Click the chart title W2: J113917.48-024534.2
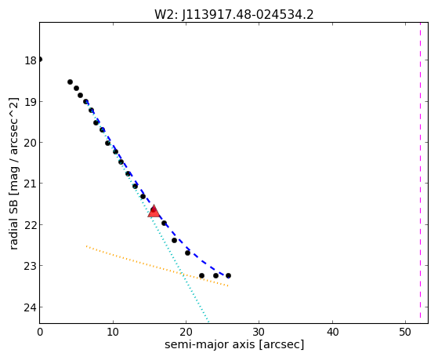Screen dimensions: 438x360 pyautogui.click(x=234, y=14)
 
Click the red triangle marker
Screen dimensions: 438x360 pyautogui.click(x=154, y=211)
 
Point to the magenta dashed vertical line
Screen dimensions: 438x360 pyautogui.click(x=420, y=170)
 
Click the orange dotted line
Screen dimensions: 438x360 pyautogui.click(x=157, y=266)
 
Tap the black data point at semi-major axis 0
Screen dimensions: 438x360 pyautogui.click(x=40, y=60)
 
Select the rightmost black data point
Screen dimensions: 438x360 pyautogui.click(x=228, y=275)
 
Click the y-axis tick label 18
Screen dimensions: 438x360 pyautogui.click(x=31, y=60)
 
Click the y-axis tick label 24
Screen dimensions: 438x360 pyautogui.click(x=31, y=307)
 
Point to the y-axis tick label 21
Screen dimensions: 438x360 pyautogui.click(x=31, y=184)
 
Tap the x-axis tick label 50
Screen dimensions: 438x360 pyautogui.click(x=405, y=332)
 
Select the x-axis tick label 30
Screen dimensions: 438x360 pyautogui.click(x=259, y=332)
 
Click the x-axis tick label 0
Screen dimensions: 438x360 pyautogui.click(x=40, y=332)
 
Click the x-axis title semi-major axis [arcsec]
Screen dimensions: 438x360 pyautogui.click(x=234, y=344)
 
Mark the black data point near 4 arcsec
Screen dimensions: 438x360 pyautogui.click(x=70, y=82)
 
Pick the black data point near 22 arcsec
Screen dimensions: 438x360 pyautogui.click(x=201, y=275)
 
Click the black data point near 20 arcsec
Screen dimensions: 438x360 pyautogui.click(x=188, y=253)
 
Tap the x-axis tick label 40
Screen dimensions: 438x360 pyautogui.click(x=332, y=332)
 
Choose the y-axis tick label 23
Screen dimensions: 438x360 pyautogui.click(x=31, y=266)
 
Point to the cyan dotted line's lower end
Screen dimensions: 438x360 pyautogui.click(x=208, y=322)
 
